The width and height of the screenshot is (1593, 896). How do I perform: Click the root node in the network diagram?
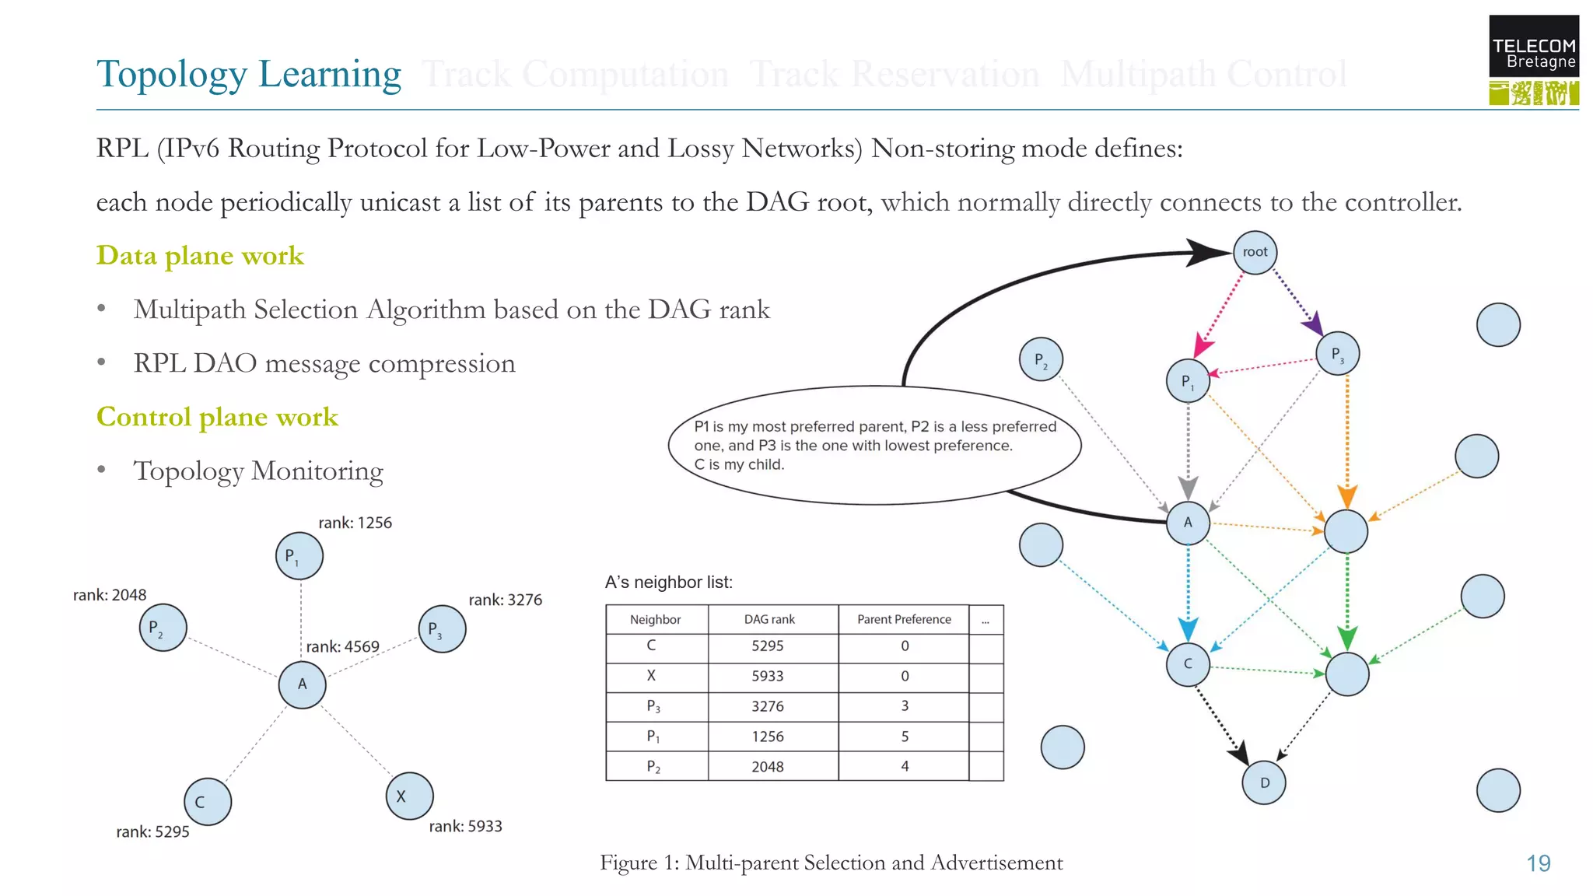(x=1255, y=252)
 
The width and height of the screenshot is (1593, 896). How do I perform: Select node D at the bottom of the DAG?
(x=1264, y=782)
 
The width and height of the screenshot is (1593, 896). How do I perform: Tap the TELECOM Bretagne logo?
(x=1533, y=60)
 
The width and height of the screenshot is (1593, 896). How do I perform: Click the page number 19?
(x=1538, y=863)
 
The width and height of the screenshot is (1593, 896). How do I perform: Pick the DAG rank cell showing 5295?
(x=767, y=646)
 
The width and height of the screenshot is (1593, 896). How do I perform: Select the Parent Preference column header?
(x=904, y=619)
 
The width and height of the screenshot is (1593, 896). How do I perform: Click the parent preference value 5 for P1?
(x=905, y=736)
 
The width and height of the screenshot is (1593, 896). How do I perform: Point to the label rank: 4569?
(x=342, y=646)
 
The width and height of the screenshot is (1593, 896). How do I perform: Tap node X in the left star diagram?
(x=409, y=796)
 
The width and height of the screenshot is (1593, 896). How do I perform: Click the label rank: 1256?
(x=355, y=523)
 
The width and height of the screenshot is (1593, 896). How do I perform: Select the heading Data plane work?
(x=200, y=255)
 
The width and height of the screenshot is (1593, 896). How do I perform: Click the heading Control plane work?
(x=217, y=417)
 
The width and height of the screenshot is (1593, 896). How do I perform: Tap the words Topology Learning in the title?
(x=249, y=74)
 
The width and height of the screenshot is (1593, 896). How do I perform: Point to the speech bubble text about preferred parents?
(x=875, y=445)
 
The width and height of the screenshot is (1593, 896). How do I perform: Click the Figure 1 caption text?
(x=831, y=863)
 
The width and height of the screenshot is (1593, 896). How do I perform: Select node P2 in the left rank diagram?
(x=163, y=628)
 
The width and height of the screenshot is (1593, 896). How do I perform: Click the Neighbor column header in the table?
(x=655, y=619)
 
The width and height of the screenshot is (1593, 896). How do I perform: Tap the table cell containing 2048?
(x=767, y=766)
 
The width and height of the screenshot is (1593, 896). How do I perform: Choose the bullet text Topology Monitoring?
(x=258, y=471)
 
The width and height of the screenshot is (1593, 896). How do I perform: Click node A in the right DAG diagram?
(x=1188, y=523)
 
